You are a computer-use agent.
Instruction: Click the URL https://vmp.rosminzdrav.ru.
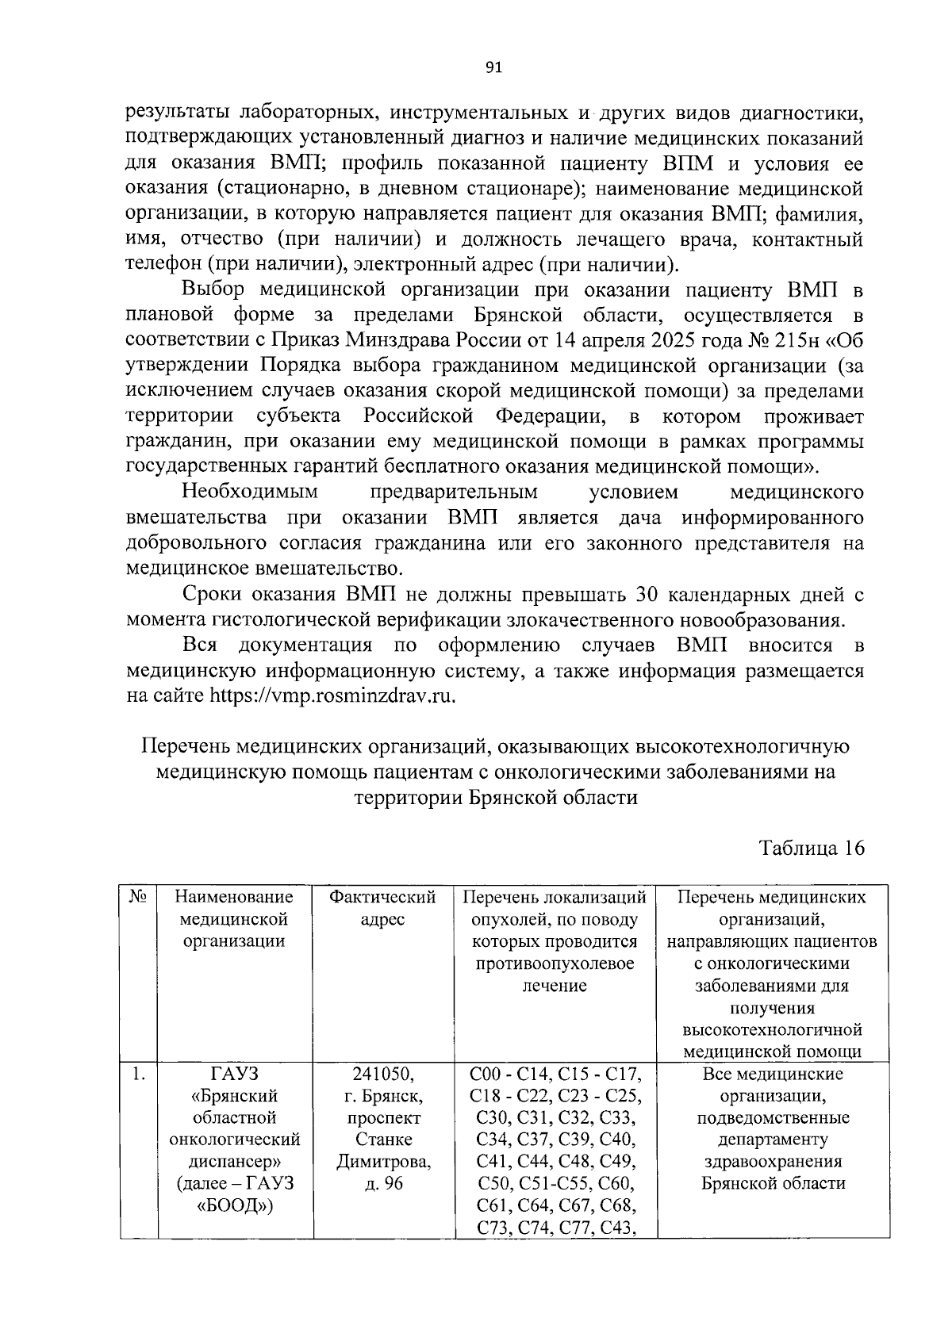(333, 695)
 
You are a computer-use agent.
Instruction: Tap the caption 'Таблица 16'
(811, 848)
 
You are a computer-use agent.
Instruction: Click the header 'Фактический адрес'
(383, 908)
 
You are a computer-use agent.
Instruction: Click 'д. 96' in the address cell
(383, 1183)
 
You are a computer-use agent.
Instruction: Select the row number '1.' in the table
(139, 1075)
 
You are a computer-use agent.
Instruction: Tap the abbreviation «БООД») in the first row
(235, 1206)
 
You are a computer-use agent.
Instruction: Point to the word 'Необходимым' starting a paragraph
(250, 492)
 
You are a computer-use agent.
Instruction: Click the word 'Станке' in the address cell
(383, 1140)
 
